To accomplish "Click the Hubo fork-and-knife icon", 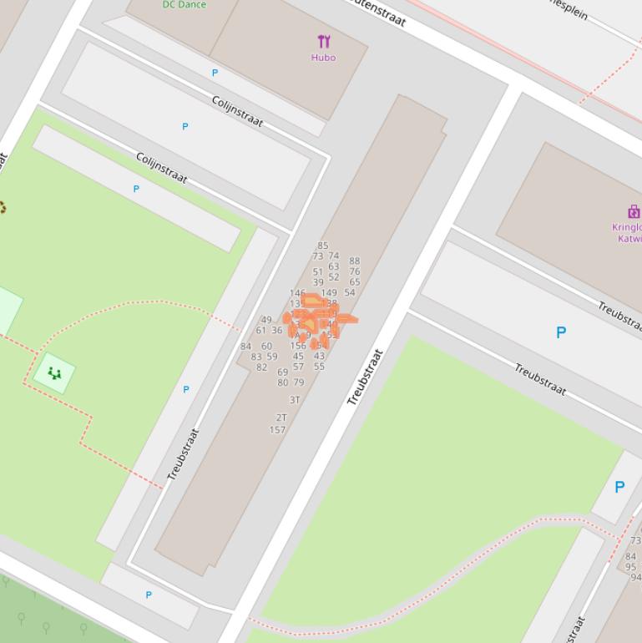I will [324, 41].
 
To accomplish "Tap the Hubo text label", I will [323, 58].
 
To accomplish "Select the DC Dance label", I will [185, 4].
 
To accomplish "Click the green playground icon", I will [54, 373].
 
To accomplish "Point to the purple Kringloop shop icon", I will [634, 211].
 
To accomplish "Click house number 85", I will [323, 246].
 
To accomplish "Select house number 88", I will [355, 261].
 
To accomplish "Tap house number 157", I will [277, 430].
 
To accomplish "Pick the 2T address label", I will [281, 418].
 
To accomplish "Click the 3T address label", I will [294, 400].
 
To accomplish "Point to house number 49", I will [266, 320].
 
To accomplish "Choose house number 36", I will [276, 331].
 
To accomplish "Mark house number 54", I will [350, 292].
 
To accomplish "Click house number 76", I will [355, 271].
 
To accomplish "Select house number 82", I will [262, 367].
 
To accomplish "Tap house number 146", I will [297, 293].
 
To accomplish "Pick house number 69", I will [282, 372].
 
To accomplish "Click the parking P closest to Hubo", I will [215, 73].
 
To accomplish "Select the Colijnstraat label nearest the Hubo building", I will [238, 112].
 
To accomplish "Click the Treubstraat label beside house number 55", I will [365, 377].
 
